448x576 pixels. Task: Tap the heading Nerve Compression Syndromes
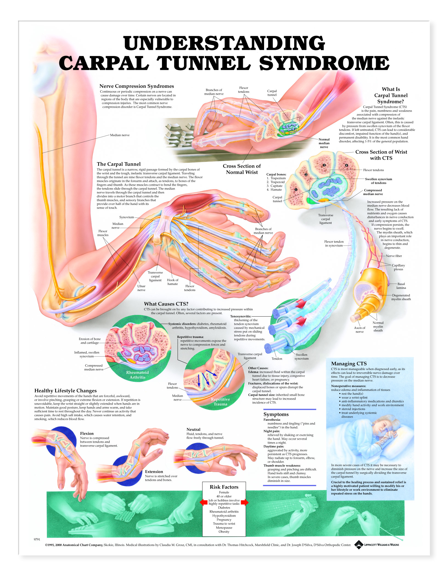[136, 86]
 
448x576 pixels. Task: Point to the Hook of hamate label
[172, 282]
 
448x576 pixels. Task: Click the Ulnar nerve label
[141, 288]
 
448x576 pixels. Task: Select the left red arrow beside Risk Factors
[203, 502]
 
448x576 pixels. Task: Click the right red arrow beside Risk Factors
[245, 502]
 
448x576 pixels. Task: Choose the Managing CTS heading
[349, 363]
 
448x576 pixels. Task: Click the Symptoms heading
[276, 414]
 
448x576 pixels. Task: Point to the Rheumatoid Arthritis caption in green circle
[137, 375]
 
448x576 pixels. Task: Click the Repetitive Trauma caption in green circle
[220, 402]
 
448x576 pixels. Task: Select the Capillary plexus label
[398, 267]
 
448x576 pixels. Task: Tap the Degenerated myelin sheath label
[401, 297]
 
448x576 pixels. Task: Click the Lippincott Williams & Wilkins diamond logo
[358, 544]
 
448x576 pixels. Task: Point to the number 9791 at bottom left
[37, 539]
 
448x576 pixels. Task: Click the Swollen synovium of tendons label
[378, 181]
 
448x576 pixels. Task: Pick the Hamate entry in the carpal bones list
[276, 190]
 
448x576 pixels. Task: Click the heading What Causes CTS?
[166, 304]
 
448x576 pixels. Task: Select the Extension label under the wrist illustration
[154, 471]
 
